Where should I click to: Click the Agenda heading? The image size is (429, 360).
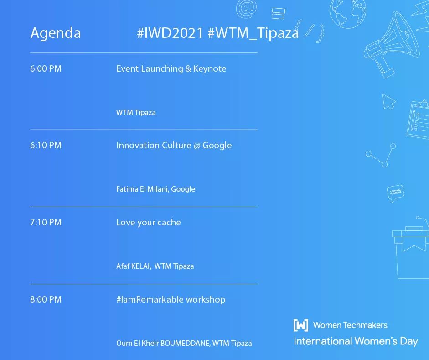pyautogui.click(x=55, y=33)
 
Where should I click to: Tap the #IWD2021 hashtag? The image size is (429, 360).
pyautogui.click(x=170, y=33)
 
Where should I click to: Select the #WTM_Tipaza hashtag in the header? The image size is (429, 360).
pyautogui.click(x=253, y=33)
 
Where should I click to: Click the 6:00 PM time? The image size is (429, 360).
pyautogui.click(x=46, y=69)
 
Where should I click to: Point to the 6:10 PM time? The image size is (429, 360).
pyautogui.click(x=46, y=146)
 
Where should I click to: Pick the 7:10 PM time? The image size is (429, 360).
pyautogui.click(x=46, y=223)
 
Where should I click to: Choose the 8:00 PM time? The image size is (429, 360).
pyautogui.click(x=46, y=300)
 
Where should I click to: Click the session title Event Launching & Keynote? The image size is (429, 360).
pyautogui.click(x=171, y=69)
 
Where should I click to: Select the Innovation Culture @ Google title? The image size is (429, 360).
pyautogui.click(x=174, y=146)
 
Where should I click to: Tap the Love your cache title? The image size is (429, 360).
pyautogui.click(x=148, y=223)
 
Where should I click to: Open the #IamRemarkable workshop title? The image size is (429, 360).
pyautogui.click(x=171, y=300)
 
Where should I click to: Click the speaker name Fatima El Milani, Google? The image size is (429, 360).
pyautogui.click(x=155, y=189)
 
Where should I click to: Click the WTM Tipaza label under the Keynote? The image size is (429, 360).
pyautogui.click(x=136, y=112)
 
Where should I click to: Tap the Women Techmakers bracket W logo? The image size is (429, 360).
pyautogui.click(x=300, y=325)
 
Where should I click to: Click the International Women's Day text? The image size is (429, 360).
pyautogui.click(x=356, y=341)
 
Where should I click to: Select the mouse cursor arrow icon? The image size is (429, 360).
pyautogui.click(x=388, y=101)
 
